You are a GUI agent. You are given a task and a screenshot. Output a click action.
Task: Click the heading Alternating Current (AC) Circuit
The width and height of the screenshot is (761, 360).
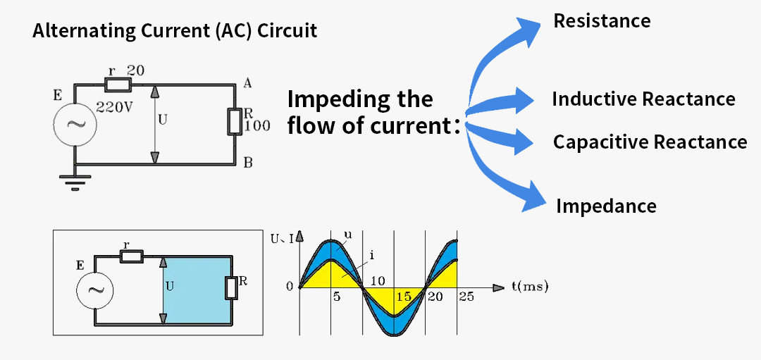(175, 31)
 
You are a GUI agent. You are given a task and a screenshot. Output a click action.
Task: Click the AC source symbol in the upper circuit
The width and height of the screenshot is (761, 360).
(74, 124)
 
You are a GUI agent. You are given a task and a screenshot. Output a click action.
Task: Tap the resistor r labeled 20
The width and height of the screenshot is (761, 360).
(118, 85)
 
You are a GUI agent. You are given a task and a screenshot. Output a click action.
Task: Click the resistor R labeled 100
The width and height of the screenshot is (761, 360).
(235, 122)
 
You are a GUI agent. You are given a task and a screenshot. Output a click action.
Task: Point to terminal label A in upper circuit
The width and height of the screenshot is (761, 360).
(247, 84)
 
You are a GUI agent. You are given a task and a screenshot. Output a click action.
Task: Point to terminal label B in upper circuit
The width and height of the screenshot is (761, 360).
(248, 163)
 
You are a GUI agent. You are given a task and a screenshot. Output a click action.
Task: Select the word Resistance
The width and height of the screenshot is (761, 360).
(602, 20)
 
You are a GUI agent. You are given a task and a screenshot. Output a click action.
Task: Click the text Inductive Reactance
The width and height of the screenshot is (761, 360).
(643, 99)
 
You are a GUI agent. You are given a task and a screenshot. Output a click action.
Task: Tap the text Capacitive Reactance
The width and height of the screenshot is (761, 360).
(650, 142)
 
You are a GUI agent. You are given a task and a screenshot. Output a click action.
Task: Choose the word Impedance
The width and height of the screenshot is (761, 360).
(606, 206)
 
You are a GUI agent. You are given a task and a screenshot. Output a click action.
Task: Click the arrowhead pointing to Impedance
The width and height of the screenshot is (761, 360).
(536, 199)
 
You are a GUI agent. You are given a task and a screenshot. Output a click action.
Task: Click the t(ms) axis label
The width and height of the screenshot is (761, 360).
(530, 287)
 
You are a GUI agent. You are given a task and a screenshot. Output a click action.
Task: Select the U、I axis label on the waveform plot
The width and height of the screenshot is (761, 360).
(283, 238)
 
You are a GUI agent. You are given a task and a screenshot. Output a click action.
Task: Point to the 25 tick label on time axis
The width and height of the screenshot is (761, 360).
(466, 297)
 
